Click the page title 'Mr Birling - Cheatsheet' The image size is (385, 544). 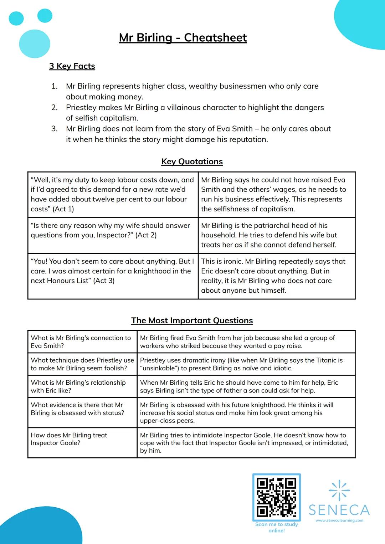point(183,37)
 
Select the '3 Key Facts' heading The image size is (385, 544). point(72,66)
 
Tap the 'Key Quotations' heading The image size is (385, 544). point(192,161)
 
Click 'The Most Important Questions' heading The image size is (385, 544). point(192,320)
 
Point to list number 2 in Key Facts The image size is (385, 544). point(54,108)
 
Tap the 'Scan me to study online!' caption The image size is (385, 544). point(276,527)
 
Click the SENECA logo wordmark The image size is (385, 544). point(339,510)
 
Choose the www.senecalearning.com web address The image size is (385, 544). point(339,520)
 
